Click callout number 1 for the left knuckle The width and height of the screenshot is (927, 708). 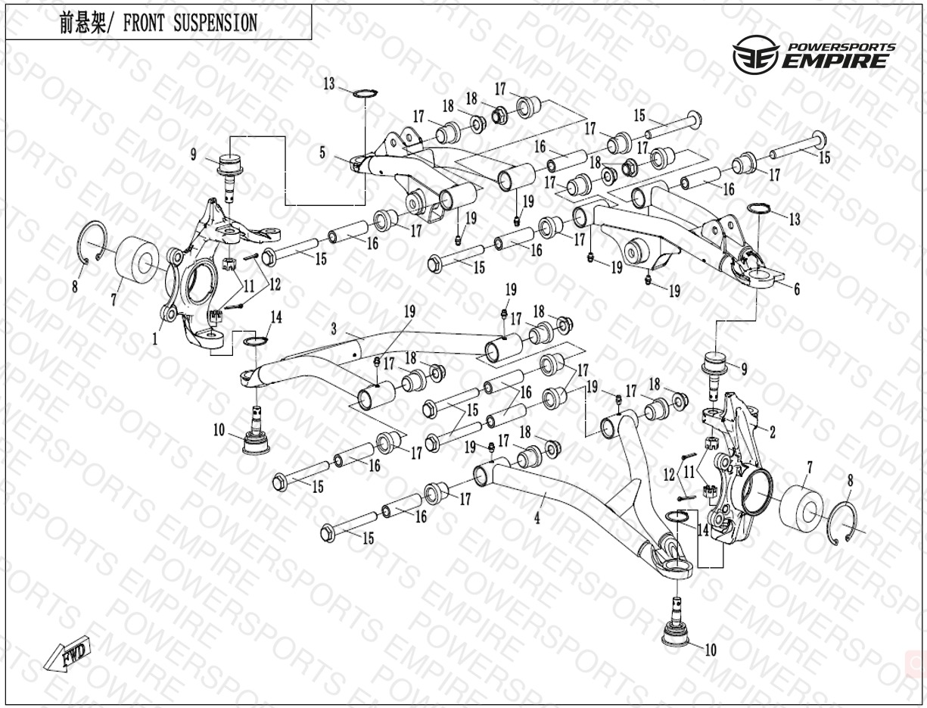(155, 338)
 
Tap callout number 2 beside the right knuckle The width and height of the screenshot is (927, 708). (773, 432)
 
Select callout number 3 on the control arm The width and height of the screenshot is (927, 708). (334, 328)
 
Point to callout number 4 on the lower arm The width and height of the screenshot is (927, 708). (537, 518)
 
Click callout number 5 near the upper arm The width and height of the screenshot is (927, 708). (322, 153)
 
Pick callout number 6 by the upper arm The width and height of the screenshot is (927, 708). (797, 289)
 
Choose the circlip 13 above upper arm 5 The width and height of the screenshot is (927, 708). (365, 92)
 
